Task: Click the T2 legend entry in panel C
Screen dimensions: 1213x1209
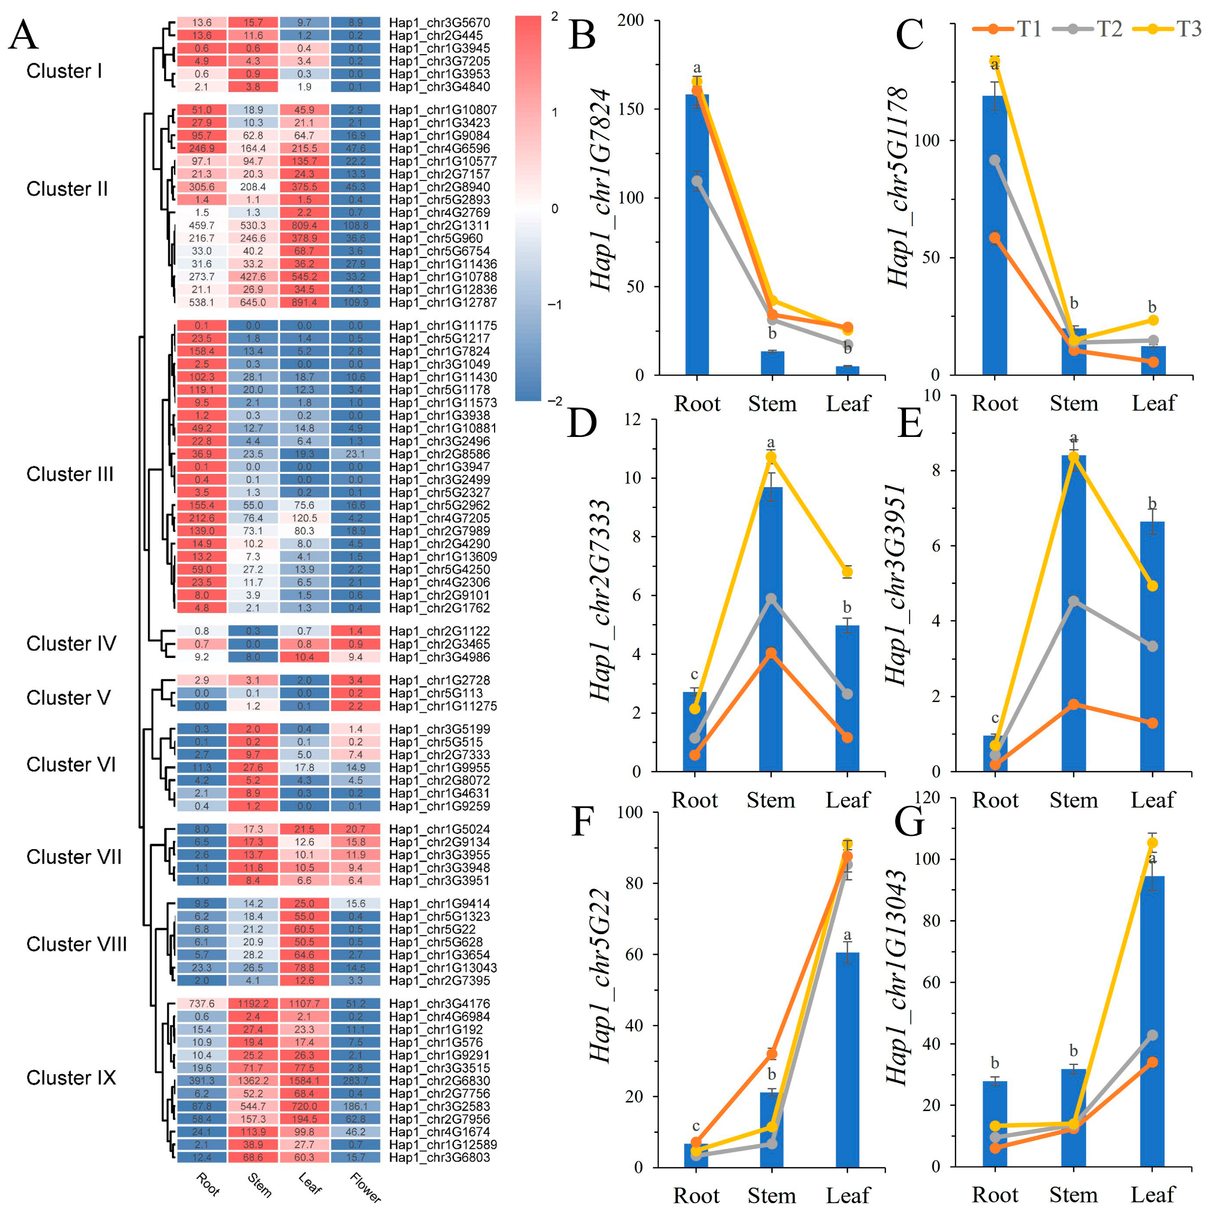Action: [1095, 29]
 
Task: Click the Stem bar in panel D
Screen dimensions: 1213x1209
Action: [771, 628]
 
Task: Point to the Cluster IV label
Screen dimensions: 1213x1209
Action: [71, 644]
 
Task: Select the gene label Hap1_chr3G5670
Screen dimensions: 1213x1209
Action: [439, 23]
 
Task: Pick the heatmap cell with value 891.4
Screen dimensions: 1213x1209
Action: [305, 303]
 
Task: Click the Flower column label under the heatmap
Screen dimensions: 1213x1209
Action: [365, 1187]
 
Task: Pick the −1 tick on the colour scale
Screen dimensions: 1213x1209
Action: [554, 305]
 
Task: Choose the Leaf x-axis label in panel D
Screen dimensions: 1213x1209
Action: [847, 800]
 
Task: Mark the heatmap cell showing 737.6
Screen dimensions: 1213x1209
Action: [202, 1004]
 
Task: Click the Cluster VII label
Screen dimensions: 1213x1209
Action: [74, 857]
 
